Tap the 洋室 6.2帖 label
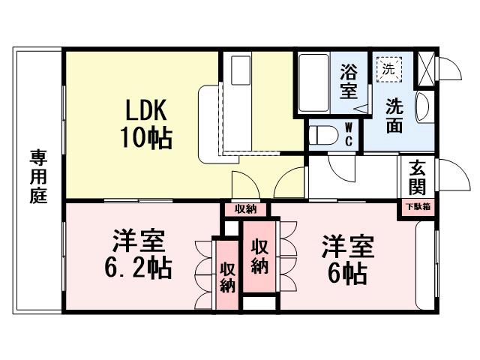coord(139,256)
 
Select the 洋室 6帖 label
coord(347,259)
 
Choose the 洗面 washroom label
coord(394,115)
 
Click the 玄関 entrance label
coord(417,178)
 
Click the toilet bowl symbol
coord(323,136)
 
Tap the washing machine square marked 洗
coord(388,68)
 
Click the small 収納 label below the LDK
coord(245,209)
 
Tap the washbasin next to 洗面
coord(421,106)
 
